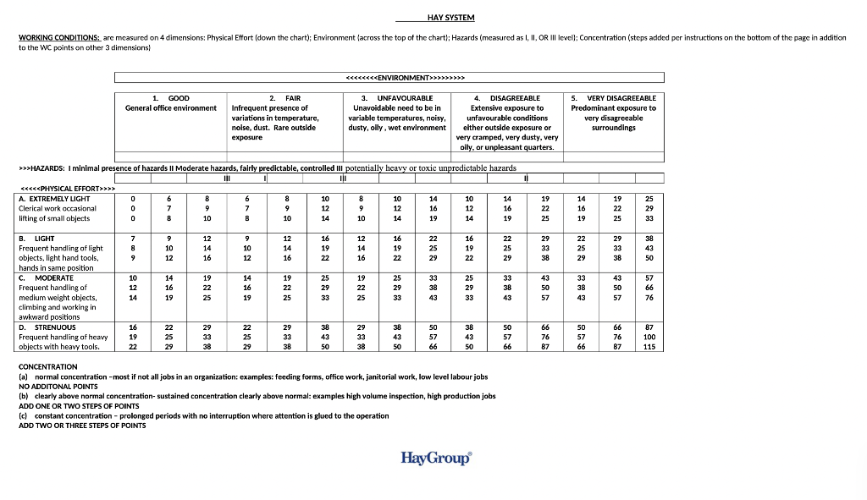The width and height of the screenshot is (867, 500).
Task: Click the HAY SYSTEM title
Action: [450, 18]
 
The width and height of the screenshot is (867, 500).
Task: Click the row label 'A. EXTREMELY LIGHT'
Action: [54, 198]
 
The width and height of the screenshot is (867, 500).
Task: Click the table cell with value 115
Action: [649, 346]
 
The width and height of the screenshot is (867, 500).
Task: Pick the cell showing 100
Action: [649, 337]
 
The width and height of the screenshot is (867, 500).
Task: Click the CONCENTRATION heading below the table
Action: [47, 366]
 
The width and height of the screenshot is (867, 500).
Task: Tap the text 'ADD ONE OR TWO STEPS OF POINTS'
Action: [79, 405]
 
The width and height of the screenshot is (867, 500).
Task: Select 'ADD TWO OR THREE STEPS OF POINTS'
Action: [82, 425]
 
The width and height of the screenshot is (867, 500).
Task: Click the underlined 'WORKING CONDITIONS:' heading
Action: [59, 38]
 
